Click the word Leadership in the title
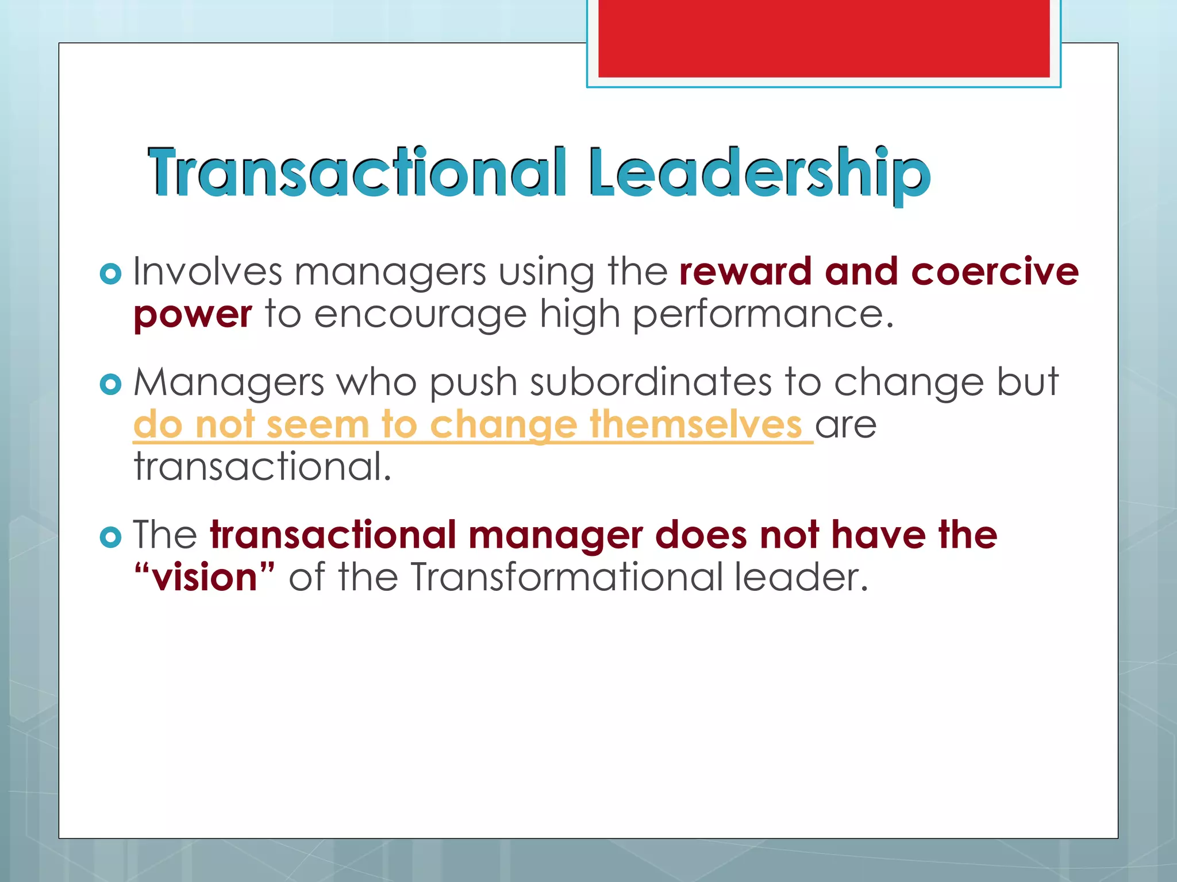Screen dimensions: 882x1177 [759, 172]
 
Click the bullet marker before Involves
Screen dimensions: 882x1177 [110, 274]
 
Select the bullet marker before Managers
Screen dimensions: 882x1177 [110, 384]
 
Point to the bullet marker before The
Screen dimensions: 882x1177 [110, 537]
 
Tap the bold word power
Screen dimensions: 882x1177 [193, 315]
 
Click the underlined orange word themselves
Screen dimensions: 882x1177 [695, 424]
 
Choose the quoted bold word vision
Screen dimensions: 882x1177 [205, 577]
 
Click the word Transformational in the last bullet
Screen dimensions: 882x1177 [566, 577]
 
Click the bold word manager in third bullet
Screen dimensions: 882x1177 [555, 535]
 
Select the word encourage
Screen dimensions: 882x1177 [420, 315]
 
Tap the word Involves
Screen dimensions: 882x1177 [207, 271]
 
